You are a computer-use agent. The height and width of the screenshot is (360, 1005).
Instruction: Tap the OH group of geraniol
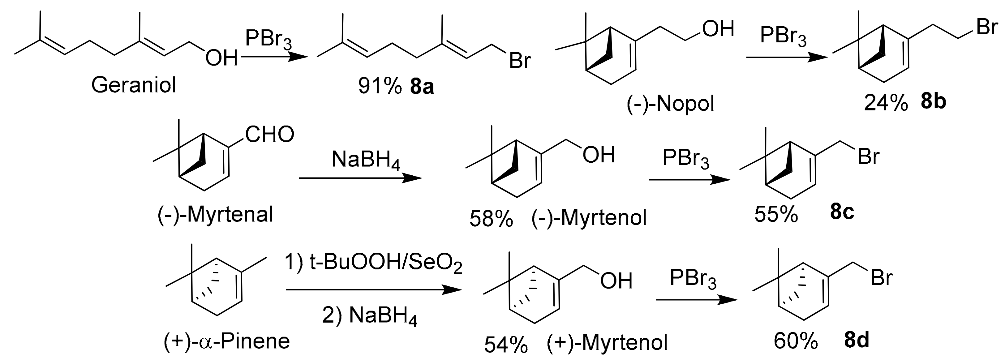pos(221,59)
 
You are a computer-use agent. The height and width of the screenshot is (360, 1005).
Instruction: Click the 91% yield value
pos(380,87)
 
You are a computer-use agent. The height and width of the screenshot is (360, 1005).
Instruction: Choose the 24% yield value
pos(886,104)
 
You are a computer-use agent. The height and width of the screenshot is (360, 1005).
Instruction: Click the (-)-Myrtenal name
pos(215,215)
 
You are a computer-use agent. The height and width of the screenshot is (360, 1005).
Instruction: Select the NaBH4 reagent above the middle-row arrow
pos(366,160)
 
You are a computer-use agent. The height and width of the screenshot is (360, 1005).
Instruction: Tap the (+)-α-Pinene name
pos(227,341)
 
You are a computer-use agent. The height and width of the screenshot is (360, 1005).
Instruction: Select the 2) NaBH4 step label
pos(369,315)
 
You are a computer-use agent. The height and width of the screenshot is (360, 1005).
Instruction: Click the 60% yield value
pos(796,341)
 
